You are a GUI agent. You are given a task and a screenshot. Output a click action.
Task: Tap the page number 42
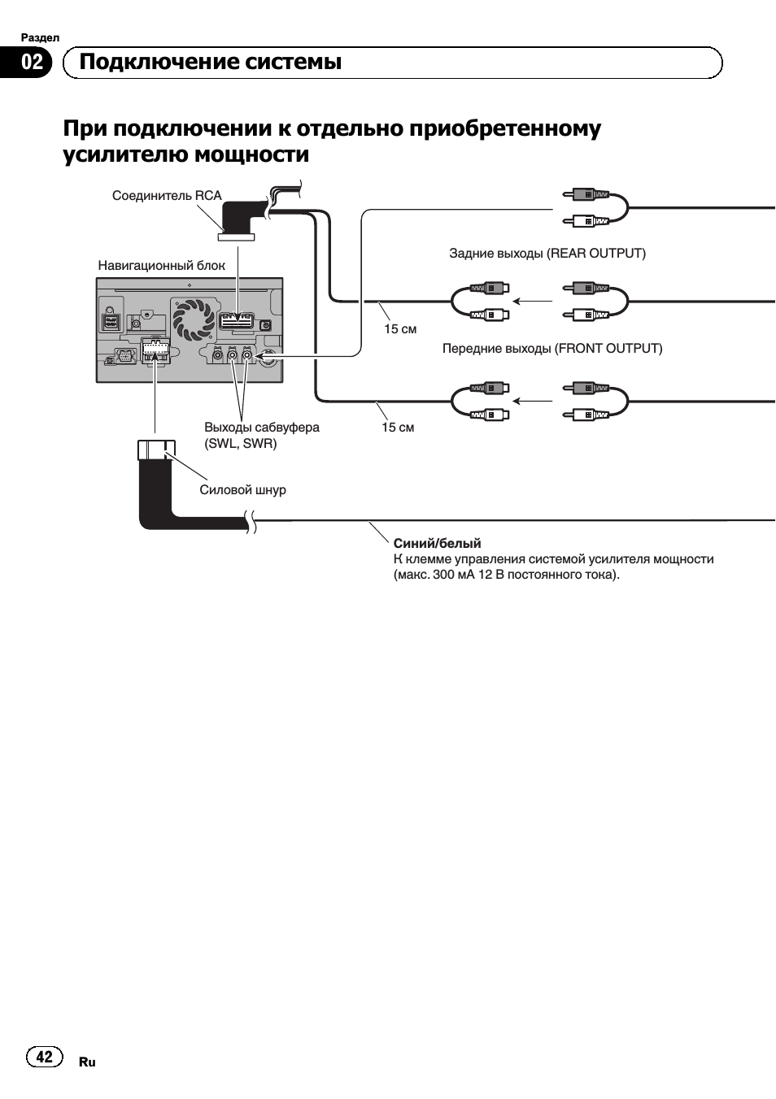(x=44, y=1056)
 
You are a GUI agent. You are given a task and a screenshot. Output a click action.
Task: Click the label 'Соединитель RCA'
(x=167, y=196)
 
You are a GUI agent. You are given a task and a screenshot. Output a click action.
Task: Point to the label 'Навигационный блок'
(x=161, y=266)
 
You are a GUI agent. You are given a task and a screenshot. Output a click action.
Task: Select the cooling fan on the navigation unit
(x=193, y=319)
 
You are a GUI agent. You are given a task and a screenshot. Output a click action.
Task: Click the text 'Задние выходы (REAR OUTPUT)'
(x=547, y=254)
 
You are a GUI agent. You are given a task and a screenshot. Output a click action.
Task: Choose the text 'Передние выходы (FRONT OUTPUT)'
(x=552, y=349)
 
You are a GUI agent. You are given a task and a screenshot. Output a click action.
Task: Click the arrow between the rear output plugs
(x=533, y=301)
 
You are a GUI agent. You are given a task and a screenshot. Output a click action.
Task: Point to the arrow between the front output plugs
(x=533, y=401)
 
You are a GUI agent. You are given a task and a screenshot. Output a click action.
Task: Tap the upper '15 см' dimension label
(x=400, y=329)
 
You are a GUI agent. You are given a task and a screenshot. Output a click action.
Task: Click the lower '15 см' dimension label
(x=398, y=428)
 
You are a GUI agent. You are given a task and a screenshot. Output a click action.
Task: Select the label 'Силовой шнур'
(x=242, y=490)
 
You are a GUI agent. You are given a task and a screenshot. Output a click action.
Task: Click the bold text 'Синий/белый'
(x=437, y=544)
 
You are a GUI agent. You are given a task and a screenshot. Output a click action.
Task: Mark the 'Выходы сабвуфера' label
(x=262, y=428)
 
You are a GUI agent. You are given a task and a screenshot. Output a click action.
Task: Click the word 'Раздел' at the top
(x=40, y=37)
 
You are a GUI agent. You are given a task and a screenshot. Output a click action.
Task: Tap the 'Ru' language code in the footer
(x=87, y=1062)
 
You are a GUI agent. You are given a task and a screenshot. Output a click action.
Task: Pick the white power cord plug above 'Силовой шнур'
(x=156, y=450)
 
